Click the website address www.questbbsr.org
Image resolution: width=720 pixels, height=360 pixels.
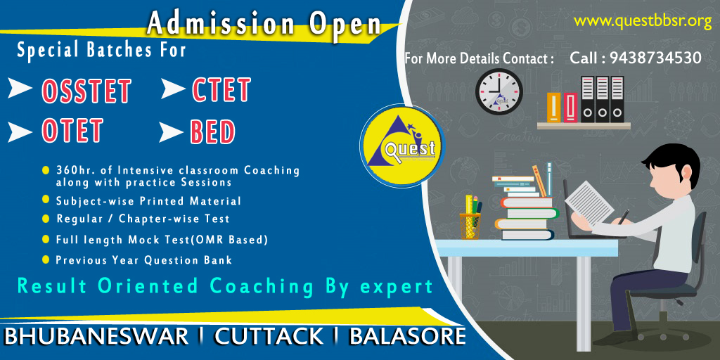tap(643, 22)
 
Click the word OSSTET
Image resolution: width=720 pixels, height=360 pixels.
tap(86, 91)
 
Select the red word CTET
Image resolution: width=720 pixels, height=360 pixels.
tap(221, 89)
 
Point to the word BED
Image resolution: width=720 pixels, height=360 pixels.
tap(212, 131)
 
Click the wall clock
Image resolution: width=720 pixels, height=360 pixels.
tap(499, 92)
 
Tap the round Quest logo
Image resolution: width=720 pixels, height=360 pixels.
tap(402, 146)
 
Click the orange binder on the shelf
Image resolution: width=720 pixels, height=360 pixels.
tap(554, 108)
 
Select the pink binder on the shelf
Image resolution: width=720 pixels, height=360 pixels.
tap(570, 108)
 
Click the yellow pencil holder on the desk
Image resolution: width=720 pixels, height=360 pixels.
tap(470, 226)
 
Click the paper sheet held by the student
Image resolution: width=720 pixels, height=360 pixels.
tap(589, 202)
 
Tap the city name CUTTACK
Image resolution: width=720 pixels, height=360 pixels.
tap(269, 337)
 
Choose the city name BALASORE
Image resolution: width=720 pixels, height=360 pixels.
tap(407, 337)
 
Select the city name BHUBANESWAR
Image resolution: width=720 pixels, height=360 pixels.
tap(96, 337)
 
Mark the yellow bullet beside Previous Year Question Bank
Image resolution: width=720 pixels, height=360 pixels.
tap(46, 259)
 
